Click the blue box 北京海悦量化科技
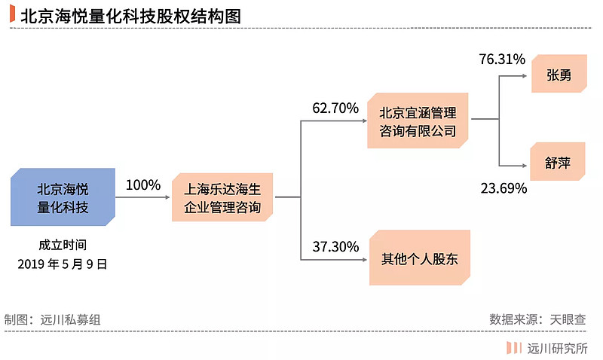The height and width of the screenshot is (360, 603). coord(63,197)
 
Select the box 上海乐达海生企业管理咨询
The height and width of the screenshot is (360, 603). coord(222,197)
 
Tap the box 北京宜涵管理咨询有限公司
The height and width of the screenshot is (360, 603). coord(418,121)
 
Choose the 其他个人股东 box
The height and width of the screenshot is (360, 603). coord(420,258)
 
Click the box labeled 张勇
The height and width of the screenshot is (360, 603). coord(559,74)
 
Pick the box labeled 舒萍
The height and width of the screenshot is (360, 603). coord(558,162)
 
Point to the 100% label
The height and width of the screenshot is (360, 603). coord(143,185)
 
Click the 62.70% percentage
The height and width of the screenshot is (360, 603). coord(335,108)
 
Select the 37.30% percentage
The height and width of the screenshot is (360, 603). coord(335,246)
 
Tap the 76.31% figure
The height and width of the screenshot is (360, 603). coord(502,59)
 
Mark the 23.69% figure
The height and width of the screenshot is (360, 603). coord(504,188)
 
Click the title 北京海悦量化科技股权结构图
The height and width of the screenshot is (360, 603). coord(130,17)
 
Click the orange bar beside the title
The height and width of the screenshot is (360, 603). coord(12,14)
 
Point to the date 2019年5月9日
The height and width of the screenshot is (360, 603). coord(63,264)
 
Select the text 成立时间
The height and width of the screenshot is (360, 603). coord(63,244)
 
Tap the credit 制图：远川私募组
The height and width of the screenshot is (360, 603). coord(52,319)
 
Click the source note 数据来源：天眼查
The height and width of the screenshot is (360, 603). coord(537,319)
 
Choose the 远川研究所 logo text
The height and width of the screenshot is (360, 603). coord(558,348)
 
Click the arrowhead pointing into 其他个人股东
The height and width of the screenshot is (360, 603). coord(365,260)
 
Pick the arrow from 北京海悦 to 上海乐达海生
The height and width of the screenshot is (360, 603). coord(142,197)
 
